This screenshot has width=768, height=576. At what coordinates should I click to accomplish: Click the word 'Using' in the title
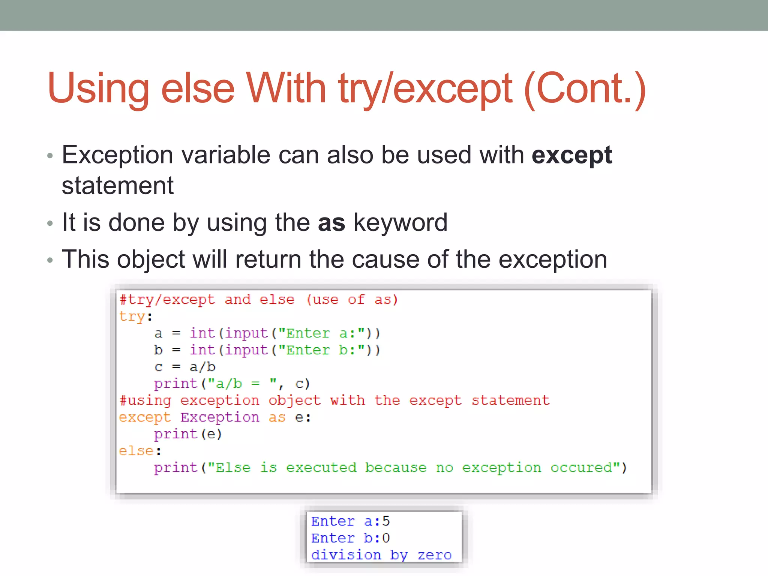click(x=98, y=88)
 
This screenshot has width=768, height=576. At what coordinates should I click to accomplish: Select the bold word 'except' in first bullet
click(x=571, y=155)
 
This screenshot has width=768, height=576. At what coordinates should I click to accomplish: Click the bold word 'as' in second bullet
click(x=331, y=223)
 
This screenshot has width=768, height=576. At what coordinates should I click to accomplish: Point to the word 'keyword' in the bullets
click(x=400, y=223)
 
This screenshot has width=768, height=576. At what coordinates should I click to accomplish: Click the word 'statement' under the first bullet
click(x=117, y=186)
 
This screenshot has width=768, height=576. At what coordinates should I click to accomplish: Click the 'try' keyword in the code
click(x=132, y=317)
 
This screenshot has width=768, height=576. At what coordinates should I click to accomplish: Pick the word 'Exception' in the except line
click(x=220, y=417)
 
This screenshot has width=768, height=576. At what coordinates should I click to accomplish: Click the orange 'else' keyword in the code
click(x=136, y=451)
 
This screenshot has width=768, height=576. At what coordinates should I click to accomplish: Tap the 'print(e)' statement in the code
click(x=188, y=434)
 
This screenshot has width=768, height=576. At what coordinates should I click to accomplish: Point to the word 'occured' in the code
click(x=581, y=468)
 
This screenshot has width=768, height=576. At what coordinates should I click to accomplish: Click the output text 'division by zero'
click(x=381, y=555)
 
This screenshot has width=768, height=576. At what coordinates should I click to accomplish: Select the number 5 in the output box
click(x=386, y=521)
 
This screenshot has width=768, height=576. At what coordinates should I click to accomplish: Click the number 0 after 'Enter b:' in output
click(x=386, y=538)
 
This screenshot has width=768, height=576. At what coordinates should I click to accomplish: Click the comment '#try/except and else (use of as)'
click(x=258, y=300)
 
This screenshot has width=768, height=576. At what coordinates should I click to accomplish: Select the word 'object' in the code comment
click(x=294, y=400)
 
